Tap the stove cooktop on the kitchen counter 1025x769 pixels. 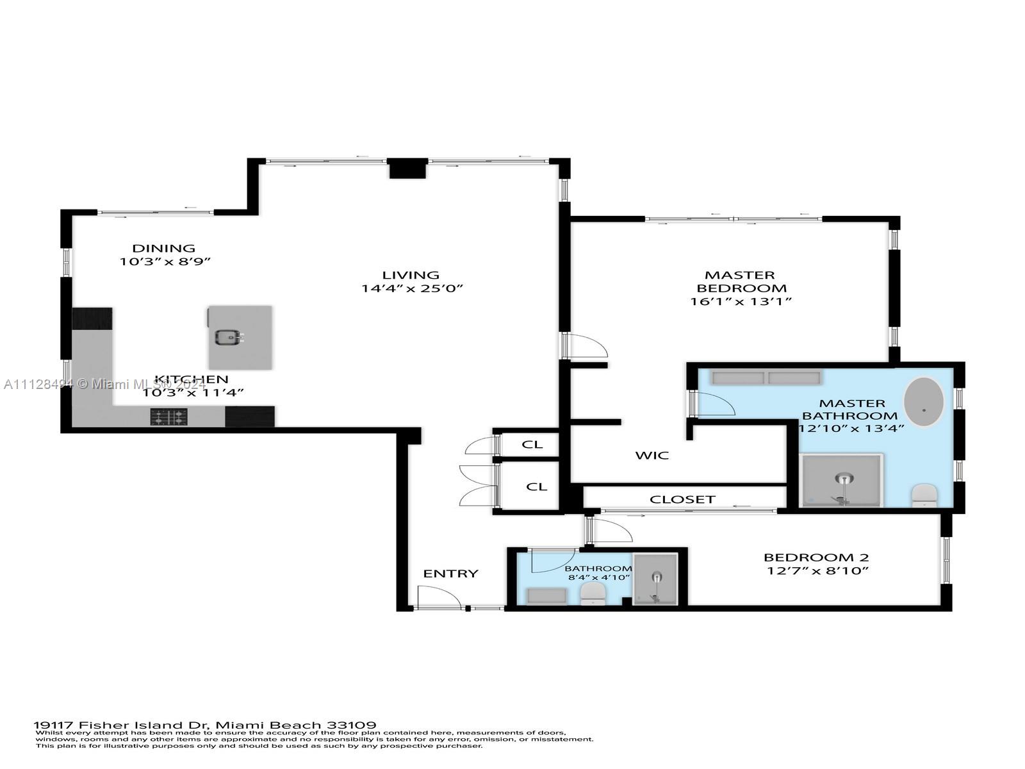169,418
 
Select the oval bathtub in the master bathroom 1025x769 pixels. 923,402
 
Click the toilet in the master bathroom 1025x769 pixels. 924,495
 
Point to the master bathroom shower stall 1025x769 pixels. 842,481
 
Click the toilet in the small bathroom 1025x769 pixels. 593,594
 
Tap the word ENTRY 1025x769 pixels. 450,574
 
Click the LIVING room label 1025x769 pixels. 411,275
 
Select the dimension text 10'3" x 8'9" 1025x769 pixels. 165,261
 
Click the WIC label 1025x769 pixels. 652,456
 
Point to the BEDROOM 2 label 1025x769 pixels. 816,558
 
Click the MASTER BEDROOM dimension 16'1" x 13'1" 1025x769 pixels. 741,301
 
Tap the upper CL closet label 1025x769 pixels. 532,444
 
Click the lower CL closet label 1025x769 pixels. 536,487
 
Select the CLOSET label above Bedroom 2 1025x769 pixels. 682,499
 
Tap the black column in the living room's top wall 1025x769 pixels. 408,169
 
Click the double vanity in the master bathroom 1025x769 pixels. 766,378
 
